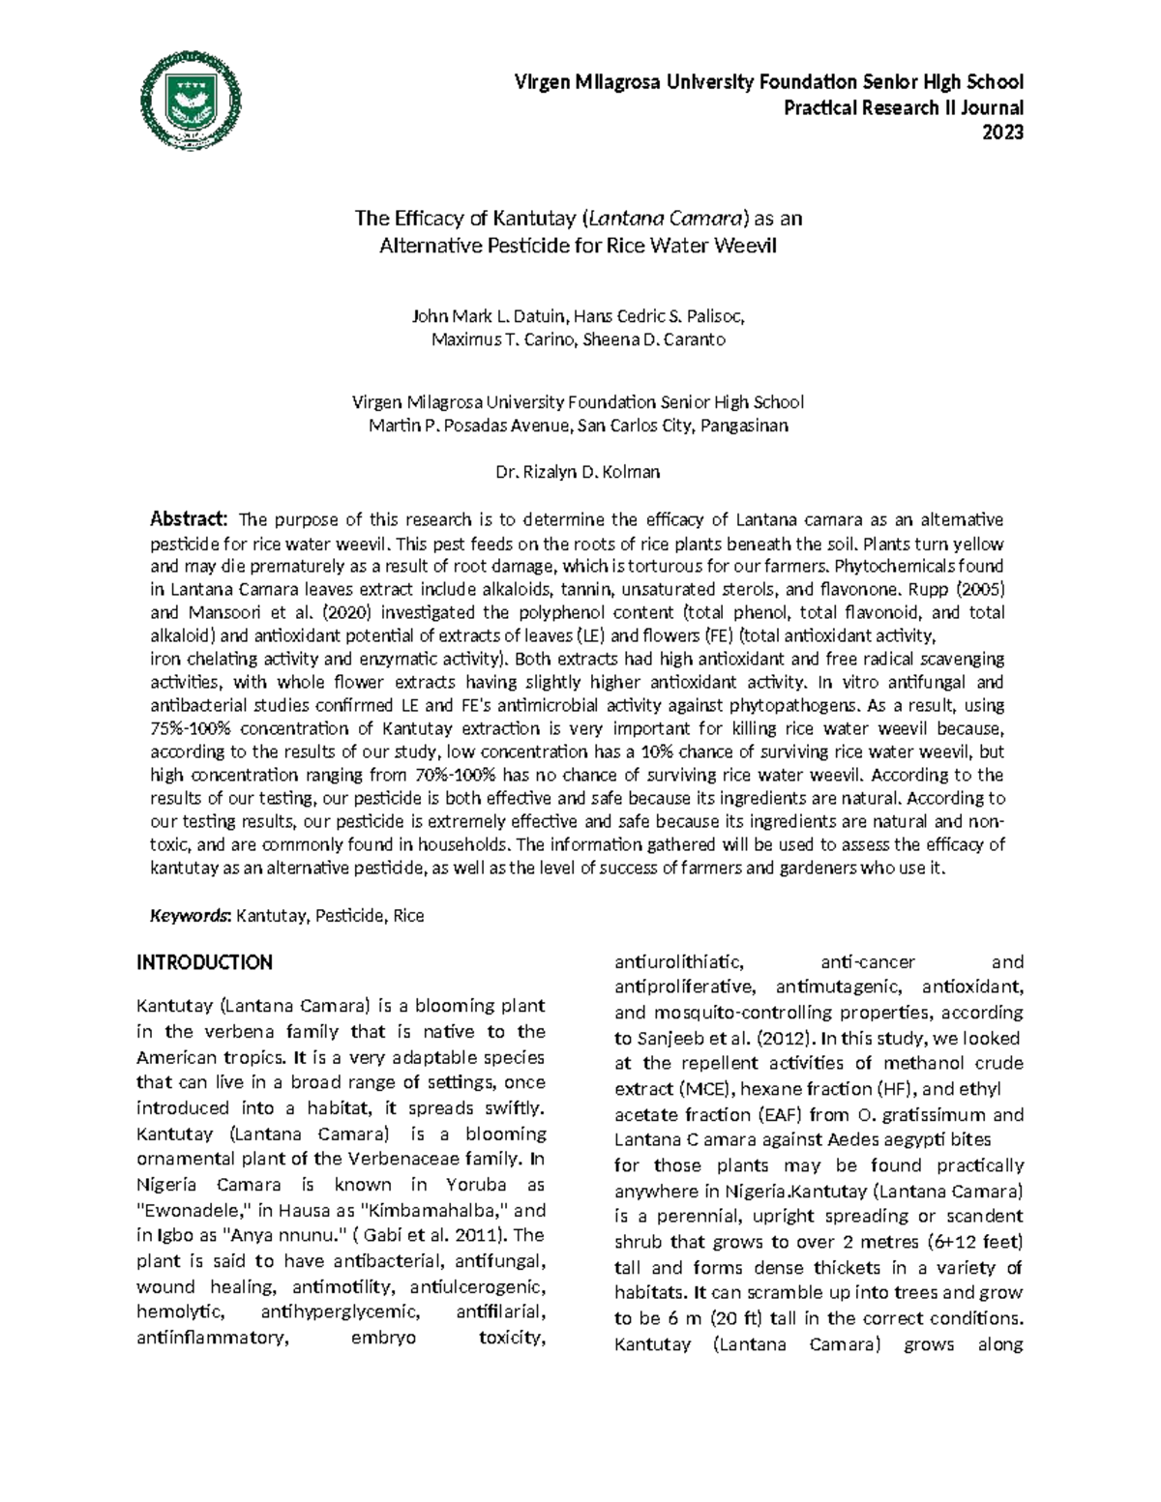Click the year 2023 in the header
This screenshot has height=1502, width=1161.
click(1003, 133)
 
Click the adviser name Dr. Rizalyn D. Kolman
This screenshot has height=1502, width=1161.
click(578, 473)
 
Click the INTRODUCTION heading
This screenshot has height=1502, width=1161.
click(204, 962)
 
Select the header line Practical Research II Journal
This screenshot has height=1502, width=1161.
click(904, 107)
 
